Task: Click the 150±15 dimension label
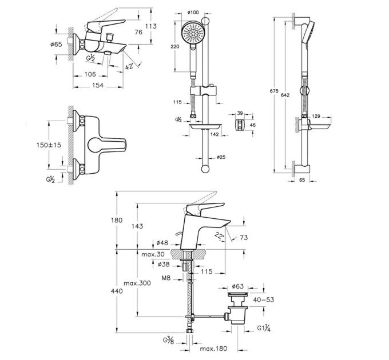[49, 145]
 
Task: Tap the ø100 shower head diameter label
[193, 12]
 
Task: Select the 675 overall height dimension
[274, 91]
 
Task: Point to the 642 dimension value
[285, 95]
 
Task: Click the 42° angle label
[129, 66]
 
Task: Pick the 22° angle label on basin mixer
[219, 234]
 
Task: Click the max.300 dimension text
[137, 283]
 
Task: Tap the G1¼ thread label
[264, 329]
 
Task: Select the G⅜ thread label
[169, 341]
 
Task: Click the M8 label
[166, 278]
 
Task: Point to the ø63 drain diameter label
[237, 286]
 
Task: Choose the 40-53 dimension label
[264, 299]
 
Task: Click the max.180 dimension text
[213, 349]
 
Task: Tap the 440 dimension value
[117, 291]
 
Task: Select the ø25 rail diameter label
[221, 157]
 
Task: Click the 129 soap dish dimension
[316, 116]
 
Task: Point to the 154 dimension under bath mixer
[98, 85]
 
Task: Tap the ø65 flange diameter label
[56, 45]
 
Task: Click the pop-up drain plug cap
[237, 294]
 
